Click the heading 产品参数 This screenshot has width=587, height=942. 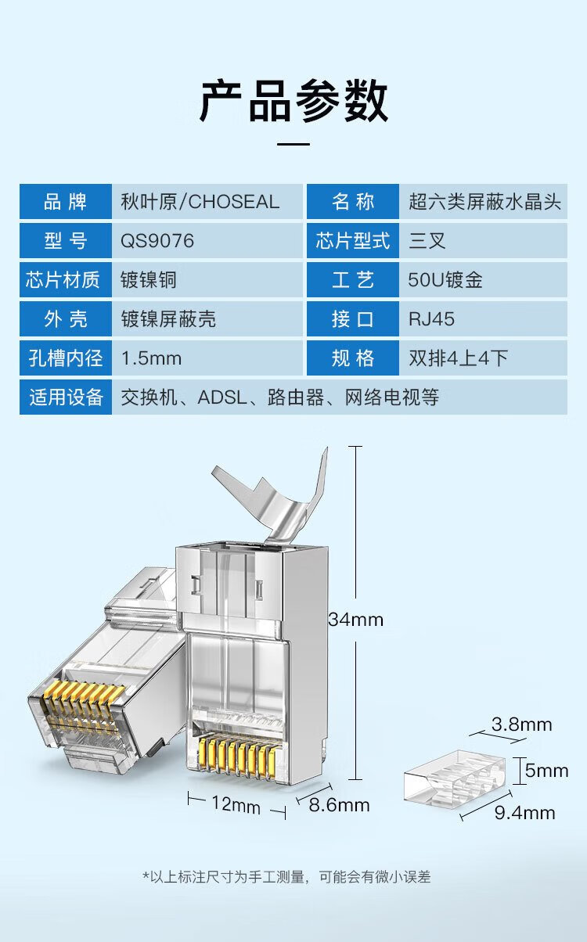coord(293,102)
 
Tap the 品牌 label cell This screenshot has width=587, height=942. coord(65,202)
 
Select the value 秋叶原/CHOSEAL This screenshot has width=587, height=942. coord(200,202)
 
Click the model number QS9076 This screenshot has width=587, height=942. coord(157,241)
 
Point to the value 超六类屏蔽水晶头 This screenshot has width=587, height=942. coord(484,202)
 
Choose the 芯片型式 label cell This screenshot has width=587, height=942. coord(352,241)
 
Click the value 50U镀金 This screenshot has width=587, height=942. coord(445,280)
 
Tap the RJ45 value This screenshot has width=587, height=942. coord(431,319)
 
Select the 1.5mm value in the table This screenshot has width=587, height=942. coord(151,358)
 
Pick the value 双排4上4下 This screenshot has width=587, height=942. coord(459,358)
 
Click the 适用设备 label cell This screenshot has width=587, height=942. coord(66,397)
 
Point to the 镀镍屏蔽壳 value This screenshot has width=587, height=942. coord(168,319)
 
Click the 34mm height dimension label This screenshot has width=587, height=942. coord(355,620)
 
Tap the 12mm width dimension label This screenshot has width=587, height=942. coord(235,803)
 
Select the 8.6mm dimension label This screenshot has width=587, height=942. coord(338,804)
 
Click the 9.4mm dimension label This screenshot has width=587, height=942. coord(524,813)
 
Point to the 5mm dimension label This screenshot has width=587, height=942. coord(546,771)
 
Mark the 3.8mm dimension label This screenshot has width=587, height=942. coord(521,724)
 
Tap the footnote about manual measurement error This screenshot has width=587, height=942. coord(286,877)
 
